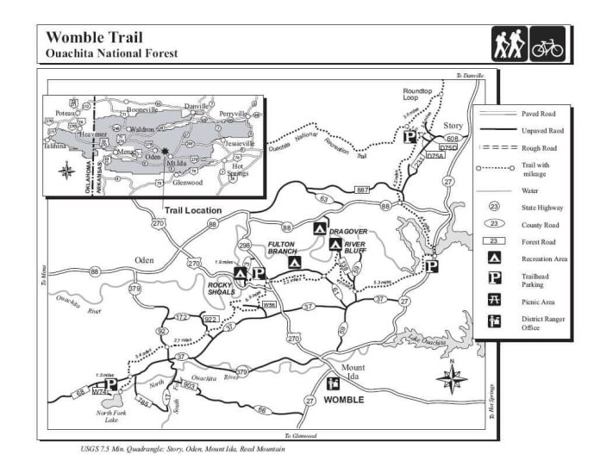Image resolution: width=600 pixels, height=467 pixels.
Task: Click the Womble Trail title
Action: coord(94,37)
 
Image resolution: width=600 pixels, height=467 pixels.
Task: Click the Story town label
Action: coord(453,126)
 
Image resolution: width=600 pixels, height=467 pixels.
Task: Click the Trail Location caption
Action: coord(193,210)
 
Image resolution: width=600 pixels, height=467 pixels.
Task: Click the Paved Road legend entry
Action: coord(538,113)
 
